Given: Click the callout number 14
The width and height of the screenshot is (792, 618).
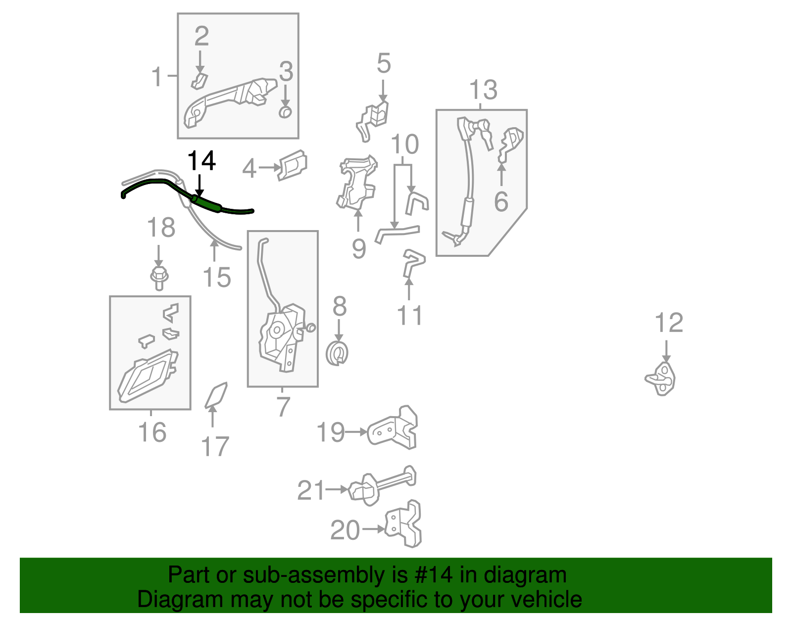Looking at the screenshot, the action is pyautogui.click(x=201, y=161).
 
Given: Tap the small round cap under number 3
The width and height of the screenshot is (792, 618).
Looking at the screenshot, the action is pyautogui.click(x=285, y=112).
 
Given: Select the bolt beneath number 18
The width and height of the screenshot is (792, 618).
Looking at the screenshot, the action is pyautogui.click(x=159, y=278).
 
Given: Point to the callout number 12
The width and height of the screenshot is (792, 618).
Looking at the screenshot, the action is pyautogui.click(x=669, y=323).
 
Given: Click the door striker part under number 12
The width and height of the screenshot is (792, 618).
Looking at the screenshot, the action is pyautogui.click(x=660, y=379).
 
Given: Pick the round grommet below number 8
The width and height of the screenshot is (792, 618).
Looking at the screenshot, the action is pyautogui.click(x=337, y=353).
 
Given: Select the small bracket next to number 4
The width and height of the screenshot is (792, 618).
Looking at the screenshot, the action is pyautogui.click(x=293, y=165).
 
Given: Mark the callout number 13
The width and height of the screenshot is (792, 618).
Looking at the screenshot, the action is pyautogui.click(x=483, y=90).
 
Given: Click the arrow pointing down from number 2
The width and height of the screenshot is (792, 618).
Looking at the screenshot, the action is pyautogui.click(x=199, y=62).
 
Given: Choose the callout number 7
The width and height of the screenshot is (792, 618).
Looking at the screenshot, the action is pyautogui.click(x=283, y=406).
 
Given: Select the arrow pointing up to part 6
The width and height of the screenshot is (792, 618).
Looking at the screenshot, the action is pyautogui.click(x=501, y=175).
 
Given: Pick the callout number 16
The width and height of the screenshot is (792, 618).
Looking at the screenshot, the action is pyautogui.click(x=152, y=432).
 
